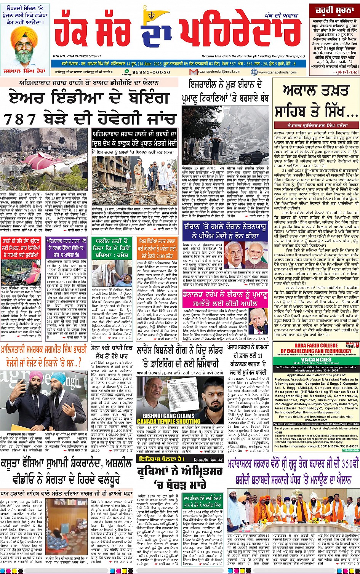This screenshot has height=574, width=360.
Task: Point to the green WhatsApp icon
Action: point(124,71)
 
